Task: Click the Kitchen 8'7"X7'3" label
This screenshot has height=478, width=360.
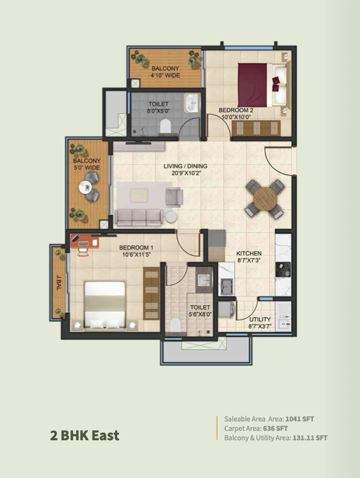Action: tap(249, 257)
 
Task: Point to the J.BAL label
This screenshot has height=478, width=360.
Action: tap(59, 282)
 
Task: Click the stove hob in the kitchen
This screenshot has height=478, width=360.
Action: tap(283, 269)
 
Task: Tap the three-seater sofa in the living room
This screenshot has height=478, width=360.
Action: tap(139, 218)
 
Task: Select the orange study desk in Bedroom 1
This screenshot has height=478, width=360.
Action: tap(84, 242)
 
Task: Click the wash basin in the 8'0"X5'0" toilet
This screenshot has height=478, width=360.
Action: tap(192, 103)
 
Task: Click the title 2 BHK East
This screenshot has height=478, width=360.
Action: tap(85, 435)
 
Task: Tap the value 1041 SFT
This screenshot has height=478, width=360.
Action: tap(300, 419)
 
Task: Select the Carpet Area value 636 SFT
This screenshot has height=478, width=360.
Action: tap(275, 428)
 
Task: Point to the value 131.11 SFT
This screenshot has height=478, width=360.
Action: tap(310, 438)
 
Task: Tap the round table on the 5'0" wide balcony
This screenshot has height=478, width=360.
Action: tap(86, 187)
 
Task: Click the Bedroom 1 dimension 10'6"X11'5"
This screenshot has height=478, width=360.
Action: tap(137, 255)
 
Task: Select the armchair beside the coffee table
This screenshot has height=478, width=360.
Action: tap(174, 197)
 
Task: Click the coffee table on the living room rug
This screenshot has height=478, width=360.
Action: tap(139, 195)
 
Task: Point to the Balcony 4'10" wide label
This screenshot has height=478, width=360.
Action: tap(166, 72)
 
